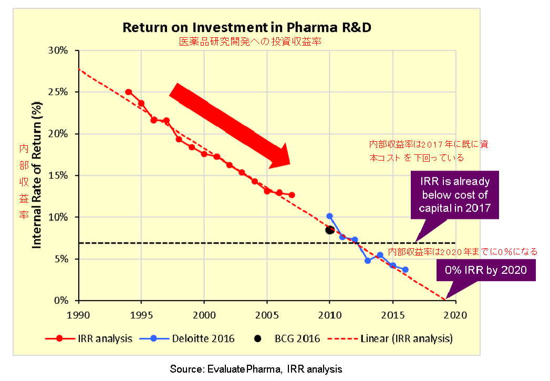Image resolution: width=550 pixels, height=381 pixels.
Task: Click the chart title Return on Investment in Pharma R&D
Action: coord(247,28)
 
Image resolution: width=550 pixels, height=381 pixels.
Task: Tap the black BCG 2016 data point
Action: coord(329,230)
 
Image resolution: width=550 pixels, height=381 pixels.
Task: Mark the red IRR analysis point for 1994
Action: coord(129,92)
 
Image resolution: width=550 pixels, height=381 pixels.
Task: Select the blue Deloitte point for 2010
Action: coord(329,216)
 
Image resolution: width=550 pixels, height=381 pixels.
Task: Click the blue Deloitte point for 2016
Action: coord(405,270)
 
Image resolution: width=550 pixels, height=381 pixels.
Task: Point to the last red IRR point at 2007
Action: coord(292,195)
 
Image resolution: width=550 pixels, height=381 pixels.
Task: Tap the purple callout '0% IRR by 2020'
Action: coord(485,272)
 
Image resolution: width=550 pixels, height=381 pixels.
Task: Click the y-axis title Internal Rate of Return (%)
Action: coord(38,176)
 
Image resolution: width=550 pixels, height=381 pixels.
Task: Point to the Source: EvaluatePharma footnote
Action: coord(256,369)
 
